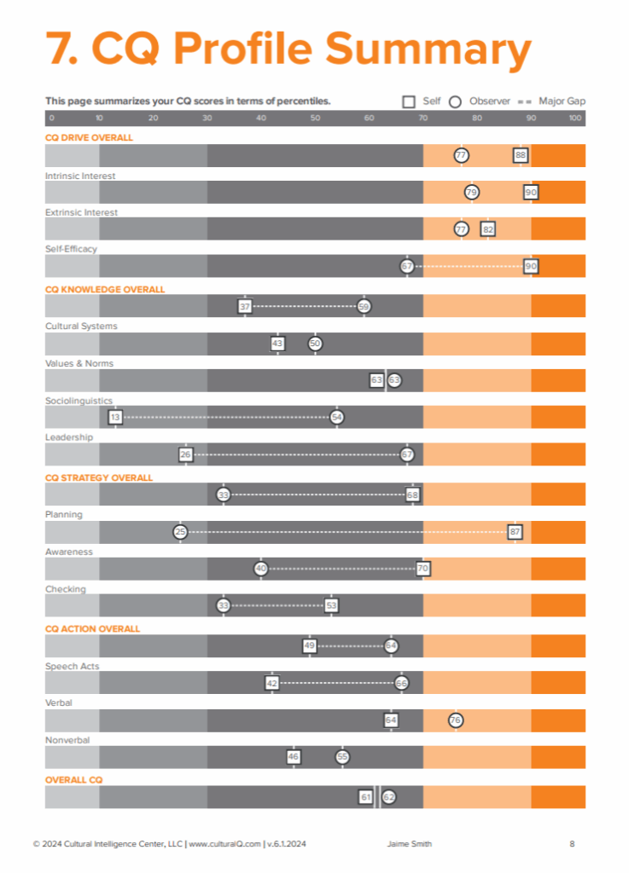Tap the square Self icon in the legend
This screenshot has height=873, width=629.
click(409, 101)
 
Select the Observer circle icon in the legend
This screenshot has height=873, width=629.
click(455, 101)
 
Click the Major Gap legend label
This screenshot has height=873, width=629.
click(562, 101)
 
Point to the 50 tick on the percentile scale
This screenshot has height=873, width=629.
click(315, 118)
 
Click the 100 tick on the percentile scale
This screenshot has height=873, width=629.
click(574, 118)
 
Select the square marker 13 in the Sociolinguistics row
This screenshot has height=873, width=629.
click(115, 417)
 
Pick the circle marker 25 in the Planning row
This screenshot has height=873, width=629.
click(180, 531)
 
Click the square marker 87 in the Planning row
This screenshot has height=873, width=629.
click(515, 531)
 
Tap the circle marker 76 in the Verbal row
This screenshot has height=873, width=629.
click(456, 720)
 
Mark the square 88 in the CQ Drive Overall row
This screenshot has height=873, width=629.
click(520, 155)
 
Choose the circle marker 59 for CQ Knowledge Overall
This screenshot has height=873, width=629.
click(364, 306)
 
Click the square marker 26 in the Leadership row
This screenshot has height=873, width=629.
click(186, 454)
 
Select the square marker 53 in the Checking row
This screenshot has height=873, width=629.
click(331, 605)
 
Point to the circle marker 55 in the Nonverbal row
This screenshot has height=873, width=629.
click(342, 756)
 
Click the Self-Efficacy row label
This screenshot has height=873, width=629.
click(71, 249)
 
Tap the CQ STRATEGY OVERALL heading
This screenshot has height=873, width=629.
click(98, 477)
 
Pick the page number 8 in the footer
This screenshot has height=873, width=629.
click(572, 844)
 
